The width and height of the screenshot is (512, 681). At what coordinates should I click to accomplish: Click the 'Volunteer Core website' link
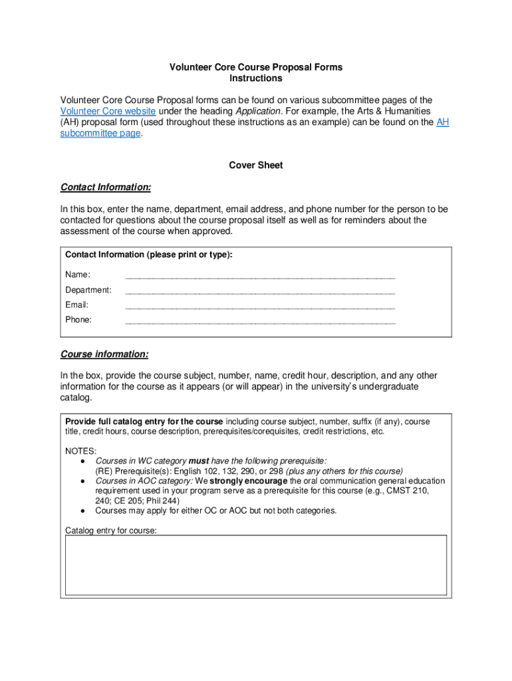click(108, 111)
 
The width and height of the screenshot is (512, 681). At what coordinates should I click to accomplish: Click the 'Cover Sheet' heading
click(256, 165)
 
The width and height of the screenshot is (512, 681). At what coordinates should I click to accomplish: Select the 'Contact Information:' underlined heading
click(106, 187)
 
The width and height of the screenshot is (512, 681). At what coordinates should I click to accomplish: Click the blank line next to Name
click(260, 275)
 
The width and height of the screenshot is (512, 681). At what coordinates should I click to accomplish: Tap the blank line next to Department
click(260, 291)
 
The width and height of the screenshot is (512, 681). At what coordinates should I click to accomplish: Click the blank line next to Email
click(260, 305)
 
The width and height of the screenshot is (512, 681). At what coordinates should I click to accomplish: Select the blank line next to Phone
click(260, 320)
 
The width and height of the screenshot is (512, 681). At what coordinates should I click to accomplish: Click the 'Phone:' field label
click(78, 320)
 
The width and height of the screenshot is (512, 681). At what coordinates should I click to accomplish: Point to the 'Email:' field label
click(77, 305)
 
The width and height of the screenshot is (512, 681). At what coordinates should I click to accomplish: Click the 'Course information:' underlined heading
click(104, 354)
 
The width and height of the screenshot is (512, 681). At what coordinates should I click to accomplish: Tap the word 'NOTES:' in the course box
click(80, 451)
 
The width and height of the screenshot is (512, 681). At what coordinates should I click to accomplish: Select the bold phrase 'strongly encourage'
click(249, 481)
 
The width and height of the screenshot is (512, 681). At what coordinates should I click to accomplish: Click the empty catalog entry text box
click(256, 566)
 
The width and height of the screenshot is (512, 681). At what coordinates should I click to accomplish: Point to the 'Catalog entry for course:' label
click(111, 531)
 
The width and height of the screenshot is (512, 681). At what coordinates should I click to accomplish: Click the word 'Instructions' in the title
click(256, 78)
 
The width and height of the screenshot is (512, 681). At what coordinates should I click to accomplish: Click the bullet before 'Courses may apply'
click(81, 511)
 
